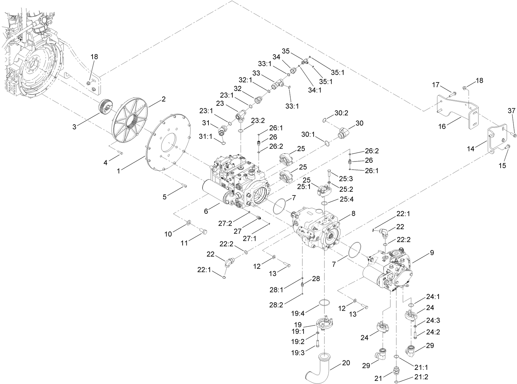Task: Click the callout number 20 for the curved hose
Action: pyautogui.click(x=346, y=363)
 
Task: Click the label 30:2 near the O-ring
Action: pyautogui.click(x=341, y=113)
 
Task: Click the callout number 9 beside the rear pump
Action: pyautogui.click(x=432, y=253)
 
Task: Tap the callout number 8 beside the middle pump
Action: pyautogui.click(x=353, y=213)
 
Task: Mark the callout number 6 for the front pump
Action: pyautogui.click(x=206, y=211)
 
